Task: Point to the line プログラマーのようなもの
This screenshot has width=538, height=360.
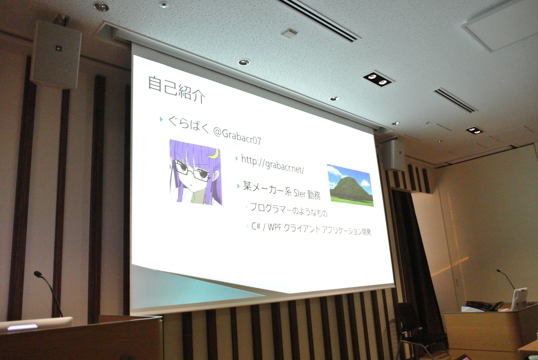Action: coord(289,210)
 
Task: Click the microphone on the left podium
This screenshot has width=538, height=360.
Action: coord(49,293)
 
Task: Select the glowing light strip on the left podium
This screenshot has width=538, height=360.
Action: coord(22,327)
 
